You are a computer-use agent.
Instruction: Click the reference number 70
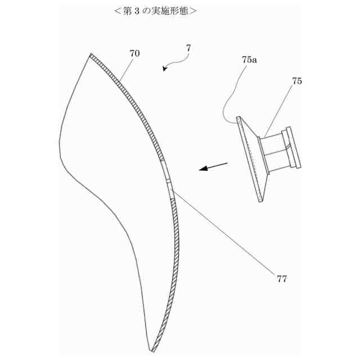click(x=134, y=53)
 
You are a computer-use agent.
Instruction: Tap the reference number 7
click(x=188, y=48)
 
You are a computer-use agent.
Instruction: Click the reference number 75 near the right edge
click(x=296, y=81)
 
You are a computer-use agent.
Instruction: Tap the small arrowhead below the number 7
click(x=164, y=69)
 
